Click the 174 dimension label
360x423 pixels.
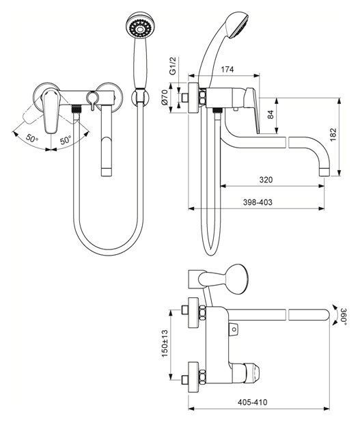pos(227,69)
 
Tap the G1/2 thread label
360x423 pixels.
pos(172,66)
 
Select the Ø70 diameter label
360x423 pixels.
pos(165,98)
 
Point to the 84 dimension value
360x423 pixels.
pos(271,114)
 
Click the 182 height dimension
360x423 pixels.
pos(333,135)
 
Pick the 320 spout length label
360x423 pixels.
pos(266,180)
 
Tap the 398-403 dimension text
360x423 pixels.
pos(258,202)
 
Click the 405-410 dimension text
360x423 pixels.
pos(253,402)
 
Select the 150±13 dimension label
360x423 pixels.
pos(165,344)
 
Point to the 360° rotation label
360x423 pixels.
pos(344,315)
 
